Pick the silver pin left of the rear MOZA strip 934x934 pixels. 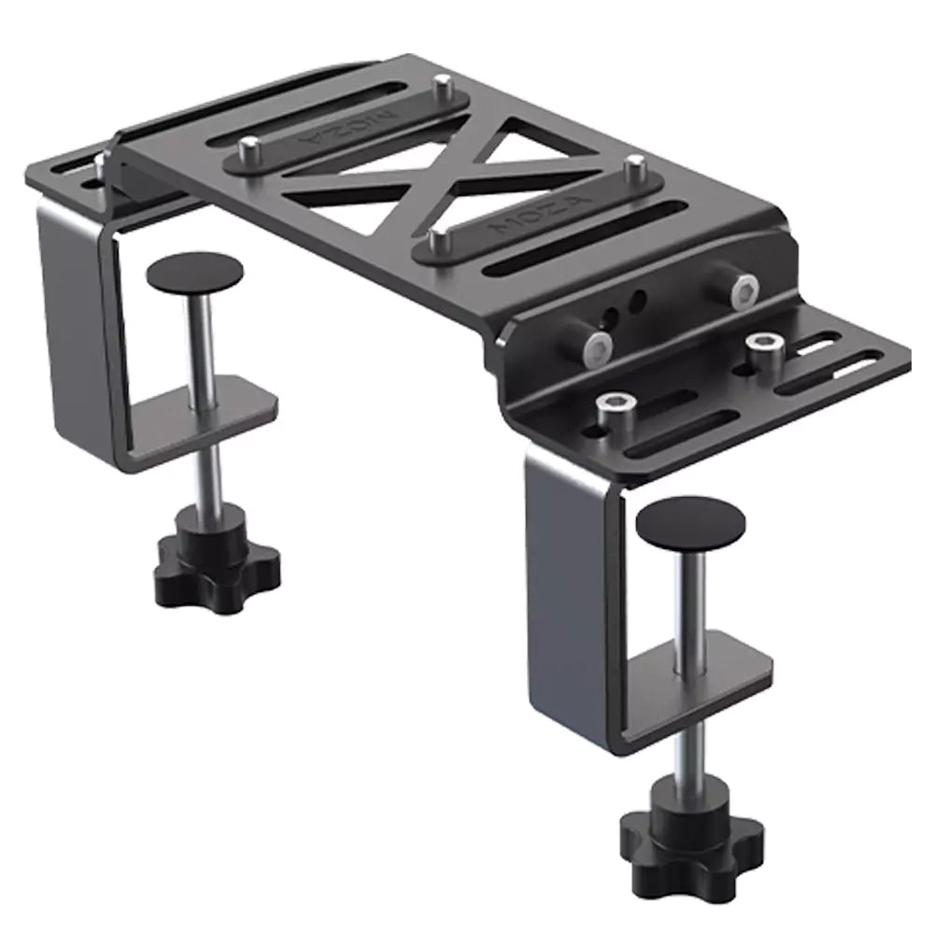pos(249,149)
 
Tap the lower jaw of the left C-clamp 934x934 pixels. pos(215,411)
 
